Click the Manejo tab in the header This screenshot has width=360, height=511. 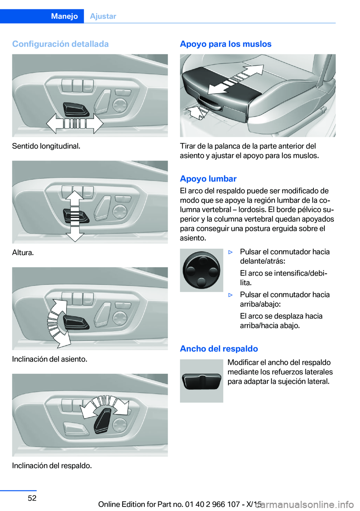[x=64, y=16]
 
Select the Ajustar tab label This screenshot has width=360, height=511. [x=103, y=16]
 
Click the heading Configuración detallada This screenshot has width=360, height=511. [x=60, y=44]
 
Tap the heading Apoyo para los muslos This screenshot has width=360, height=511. [x=226, y=44]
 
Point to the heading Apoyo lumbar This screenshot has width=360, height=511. [x=208, y=179]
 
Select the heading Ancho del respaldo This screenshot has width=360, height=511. [x=219, y=349]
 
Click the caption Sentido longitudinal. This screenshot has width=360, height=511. [x=46, y=146]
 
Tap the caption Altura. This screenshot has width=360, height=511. [x=23, y=252]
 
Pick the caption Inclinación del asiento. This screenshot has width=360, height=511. [x=49, y=359]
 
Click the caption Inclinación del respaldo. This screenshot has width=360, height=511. [x=52, y=466]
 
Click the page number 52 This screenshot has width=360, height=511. [x=32, y=498]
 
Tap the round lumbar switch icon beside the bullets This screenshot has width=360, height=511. [x=201, y=270]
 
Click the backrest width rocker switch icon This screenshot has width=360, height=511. [x=201, y=381]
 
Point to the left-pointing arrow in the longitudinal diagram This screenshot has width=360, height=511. [x=55, y=124]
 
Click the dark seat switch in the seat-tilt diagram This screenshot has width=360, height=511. [x=76, y=323]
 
